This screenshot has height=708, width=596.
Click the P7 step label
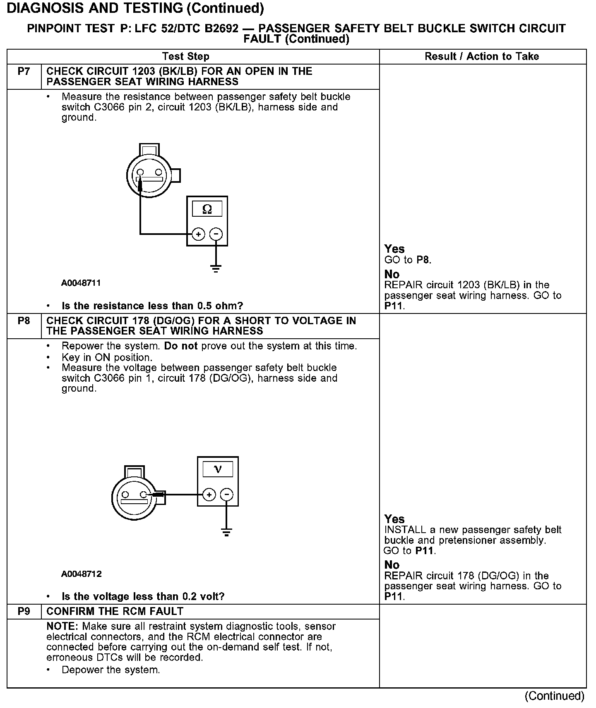pos(24,72)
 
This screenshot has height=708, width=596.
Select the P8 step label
pos(24,321)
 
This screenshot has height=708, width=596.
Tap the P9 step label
pos(24,611)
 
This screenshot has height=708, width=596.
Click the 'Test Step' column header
pos(186,57)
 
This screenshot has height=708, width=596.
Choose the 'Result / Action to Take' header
pos(482,57)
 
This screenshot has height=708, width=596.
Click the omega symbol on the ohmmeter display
pos(207,209)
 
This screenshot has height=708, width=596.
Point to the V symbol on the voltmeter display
pos(218,469)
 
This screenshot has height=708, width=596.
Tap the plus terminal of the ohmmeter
pos(199,234)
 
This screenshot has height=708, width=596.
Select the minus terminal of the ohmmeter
pos(216,234)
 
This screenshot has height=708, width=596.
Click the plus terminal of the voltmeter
pos(209,495)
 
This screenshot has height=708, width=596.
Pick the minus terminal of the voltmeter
pos(226,495)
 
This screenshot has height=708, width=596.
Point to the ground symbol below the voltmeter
pos(226,532)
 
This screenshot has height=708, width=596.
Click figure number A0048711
pos(81,283)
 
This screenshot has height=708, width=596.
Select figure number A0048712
pos(81,574)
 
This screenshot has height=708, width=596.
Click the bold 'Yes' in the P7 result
pos(394,249)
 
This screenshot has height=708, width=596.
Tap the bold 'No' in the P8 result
pos(392,565)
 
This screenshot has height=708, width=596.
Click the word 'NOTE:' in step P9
pos(63,627)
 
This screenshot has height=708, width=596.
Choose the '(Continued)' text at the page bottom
pos(554,696)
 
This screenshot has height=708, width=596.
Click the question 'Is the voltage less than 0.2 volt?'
pos(143,596)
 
